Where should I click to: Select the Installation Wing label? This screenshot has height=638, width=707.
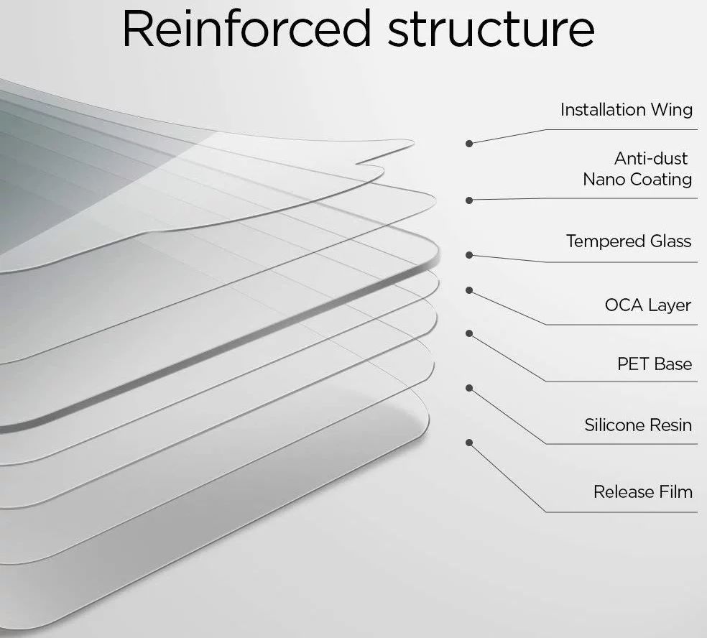click(626, 110)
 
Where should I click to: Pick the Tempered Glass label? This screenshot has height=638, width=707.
click(629, 241)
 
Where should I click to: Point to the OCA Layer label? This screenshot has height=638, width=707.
click(648, 305)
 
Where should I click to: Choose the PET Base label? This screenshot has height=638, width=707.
click(655, 364)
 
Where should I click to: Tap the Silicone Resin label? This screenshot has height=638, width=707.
click(638, 425)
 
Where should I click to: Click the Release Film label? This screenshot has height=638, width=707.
click(642, 492)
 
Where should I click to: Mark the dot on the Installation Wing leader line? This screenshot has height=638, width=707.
click(469, 143)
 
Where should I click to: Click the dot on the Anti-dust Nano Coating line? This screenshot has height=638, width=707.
click(469, 200)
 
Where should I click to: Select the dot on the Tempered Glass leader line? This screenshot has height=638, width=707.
click(469, 254)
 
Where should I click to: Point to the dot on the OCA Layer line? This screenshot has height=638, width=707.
click(469, 290)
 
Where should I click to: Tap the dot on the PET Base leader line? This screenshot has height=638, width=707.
click(469, 333)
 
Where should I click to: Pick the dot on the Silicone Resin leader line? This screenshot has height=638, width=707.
click(469, 388)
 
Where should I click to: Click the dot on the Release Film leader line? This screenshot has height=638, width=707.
click(469, 443)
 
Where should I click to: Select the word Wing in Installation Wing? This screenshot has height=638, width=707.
click(672, 110)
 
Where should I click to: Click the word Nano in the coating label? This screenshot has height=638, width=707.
click(604, 179)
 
